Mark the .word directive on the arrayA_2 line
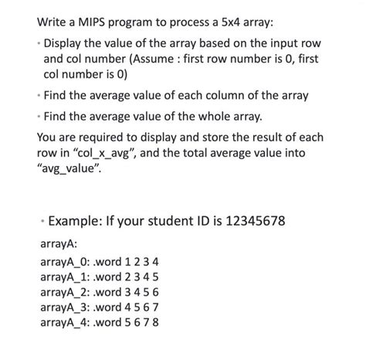(x=111, y=292)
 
